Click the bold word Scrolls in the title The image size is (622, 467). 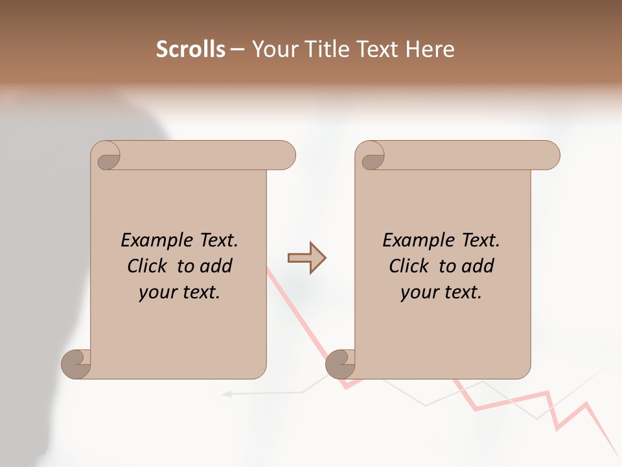[190, 49]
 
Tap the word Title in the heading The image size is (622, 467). [327, 49]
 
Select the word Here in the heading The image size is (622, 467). [430, 49]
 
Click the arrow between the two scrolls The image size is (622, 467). [307, 258]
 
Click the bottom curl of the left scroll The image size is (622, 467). [76, 363]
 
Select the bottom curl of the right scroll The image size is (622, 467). [340, 363]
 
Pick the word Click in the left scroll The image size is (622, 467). [148, 266]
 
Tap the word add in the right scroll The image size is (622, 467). [478, 266]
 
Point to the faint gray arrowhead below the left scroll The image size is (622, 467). [227, 393]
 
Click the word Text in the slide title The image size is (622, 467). [379, 49]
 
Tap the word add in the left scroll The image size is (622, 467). [216, 266]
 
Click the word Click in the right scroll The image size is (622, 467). [410, 266]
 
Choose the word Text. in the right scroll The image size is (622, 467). [480, 241]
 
